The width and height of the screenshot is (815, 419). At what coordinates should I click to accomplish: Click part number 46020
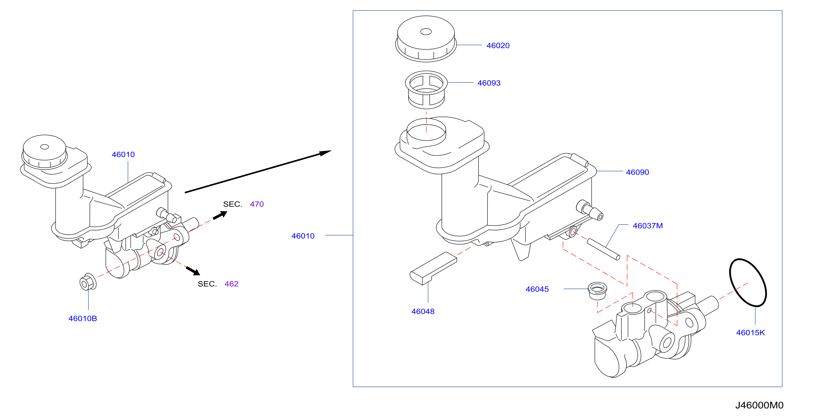[x=498, y=45]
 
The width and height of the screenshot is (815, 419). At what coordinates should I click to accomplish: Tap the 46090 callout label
[x=638, y=172]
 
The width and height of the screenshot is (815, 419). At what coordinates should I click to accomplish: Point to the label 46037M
[x=648, y=226]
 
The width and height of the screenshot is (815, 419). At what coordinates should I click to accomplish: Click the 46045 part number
[x=537, y=289]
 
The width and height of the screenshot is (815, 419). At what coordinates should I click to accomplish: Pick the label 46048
[x=423, y=311]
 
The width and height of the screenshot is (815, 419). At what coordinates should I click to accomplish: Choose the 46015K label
[x=751, y=333]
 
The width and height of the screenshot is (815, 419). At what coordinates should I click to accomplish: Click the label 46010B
[x=83, y=318]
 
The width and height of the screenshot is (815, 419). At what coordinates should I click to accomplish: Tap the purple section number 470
[x=257, y=204]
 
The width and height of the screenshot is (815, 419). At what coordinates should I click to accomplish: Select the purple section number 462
[x=232, y=284]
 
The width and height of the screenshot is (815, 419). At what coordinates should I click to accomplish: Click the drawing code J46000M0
[x=759, y=405]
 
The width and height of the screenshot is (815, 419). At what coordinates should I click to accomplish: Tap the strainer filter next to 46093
[x=426, y=90]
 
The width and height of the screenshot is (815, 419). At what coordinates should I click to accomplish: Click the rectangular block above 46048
[x=433, y=269]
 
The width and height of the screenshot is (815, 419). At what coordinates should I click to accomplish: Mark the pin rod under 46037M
[x=603, y=250]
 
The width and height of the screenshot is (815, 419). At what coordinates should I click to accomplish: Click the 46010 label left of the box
[x=303, y=236]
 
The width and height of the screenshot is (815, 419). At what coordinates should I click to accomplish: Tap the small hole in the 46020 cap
[x=426, y=32]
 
